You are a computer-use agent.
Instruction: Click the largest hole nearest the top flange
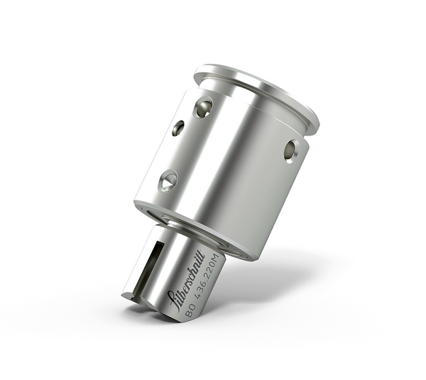click(203, 107)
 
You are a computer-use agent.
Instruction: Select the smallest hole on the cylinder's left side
click(178, 128)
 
